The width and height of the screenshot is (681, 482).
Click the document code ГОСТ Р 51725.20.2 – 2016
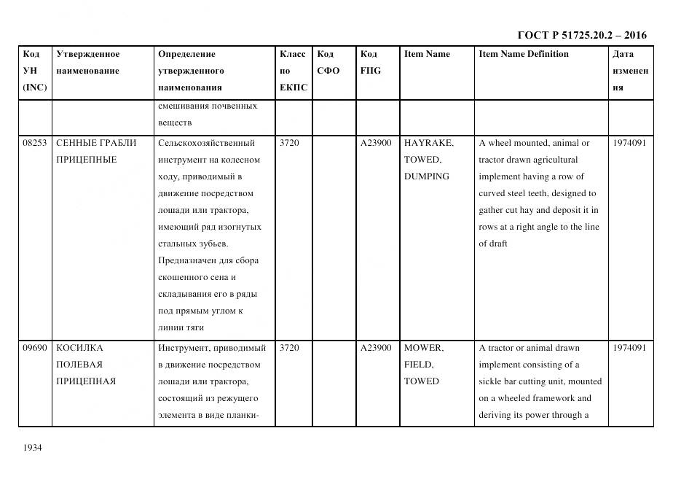[x=581, y=35]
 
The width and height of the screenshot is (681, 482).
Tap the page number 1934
[x=33, y=447]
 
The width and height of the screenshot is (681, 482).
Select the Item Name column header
[x=427, y=54]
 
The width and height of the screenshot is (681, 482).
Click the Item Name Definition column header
[x=523, y=54]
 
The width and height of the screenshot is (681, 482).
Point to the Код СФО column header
[x=328, y=63]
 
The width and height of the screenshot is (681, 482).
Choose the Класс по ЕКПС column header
[x=294, y=71]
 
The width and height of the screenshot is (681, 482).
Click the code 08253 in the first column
[x=34, y=143]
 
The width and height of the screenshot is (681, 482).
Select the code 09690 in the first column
[x=34, y=348]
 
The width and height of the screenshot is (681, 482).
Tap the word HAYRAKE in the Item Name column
[x=428, y=143]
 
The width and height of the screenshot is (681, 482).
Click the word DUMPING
[x=426, y=176]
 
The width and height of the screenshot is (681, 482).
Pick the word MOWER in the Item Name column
[x=423, y=348]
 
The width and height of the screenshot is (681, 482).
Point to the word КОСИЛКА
[x=80, y=348]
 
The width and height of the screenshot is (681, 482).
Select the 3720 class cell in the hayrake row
[x=289, y=143]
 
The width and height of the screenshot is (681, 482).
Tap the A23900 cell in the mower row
[x=376, y=348]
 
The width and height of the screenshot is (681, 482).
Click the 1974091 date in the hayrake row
[x=629, y=143]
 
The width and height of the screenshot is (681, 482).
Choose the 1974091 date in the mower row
[x=629, y=348]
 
